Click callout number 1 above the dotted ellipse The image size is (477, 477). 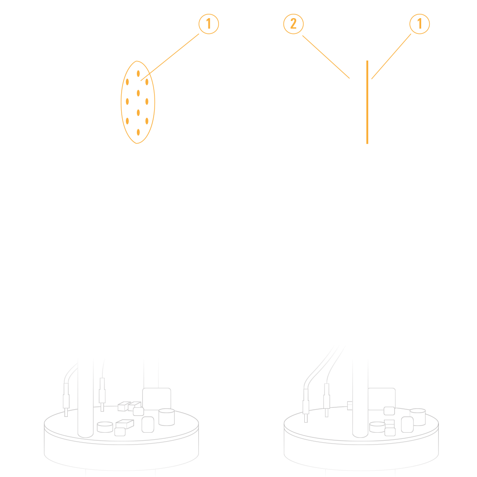pos(209,24)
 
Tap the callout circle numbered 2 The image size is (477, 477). pos(293,24)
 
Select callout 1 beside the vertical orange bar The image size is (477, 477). pos(419,24)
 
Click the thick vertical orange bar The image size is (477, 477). pos(367,102)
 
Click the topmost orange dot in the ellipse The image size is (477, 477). pos(138,73)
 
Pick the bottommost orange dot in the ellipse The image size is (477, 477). pos(138,132)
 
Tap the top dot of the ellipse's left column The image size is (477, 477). pos(127,82)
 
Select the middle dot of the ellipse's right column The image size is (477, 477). pos(146,102)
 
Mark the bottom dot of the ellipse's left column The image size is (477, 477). pos(127,121)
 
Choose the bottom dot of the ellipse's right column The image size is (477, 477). pos(146,121)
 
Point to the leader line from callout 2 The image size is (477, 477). pos(326,57)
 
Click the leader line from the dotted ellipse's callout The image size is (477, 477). pos(170,57)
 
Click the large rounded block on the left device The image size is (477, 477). pos(156,399)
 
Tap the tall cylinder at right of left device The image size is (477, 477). pos(166,417)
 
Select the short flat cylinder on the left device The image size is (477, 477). pos(105,427)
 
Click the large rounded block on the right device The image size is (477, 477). pos(382,399)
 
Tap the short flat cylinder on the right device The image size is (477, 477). pos(377,427)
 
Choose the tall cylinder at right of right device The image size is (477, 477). pos(417,417)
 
